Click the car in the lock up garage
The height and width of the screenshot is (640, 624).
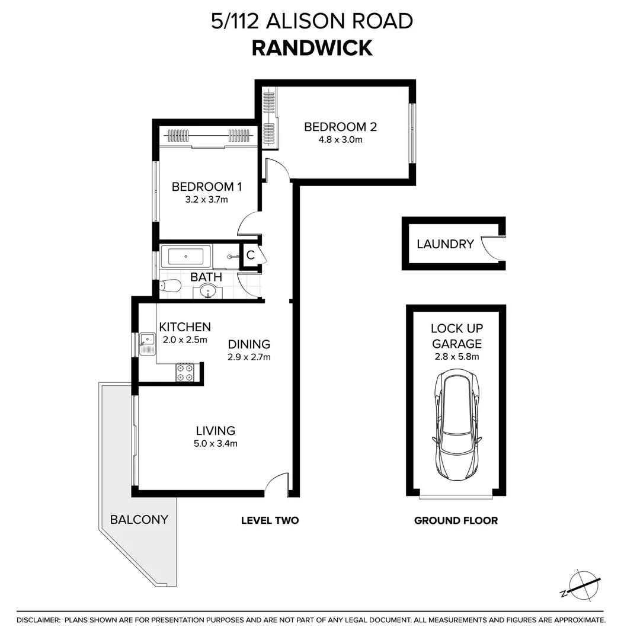(x=456, y=427)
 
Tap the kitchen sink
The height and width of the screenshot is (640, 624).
(x=146, y=342)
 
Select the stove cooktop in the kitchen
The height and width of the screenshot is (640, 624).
(x=184, y=372)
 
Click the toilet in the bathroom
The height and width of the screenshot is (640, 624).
(x=170, y=286)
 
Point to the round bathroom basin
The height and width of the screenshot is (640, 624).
(x=208, y=291)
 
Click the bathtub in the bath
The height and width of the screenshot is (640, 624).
(x=185, y=257)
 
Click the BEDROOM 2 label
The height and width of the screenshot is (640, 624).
(x=340, y=127)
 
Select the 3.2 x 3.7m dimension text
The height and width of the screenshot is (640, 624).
(x=207, y=200)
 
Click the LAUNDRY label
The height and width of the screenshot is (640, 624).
(x=445, y=244)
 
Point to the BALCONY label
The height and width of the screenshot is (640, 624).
(x=139, y=520)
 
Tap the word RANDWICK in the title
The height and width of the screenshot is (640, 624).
(x=312, y=48)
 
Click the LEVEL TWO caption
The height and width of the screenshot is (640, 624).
(x=270, y=521)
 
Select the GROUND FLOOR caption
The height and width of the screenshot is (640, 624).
(x=456, y=521)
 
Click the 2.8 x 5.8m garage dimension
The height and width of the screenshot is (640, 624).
(x=456, y=357)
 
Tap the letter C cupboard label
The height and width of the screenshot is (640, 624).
(x=250, y=255)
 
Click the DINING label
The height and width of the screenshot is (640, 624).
(x=249, y=344)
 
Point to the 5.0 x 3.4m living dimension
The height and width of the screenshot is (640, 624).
(x=216, y=444)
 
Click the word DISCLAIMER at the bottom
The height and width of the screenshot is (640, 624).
(x=39, y=620)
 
